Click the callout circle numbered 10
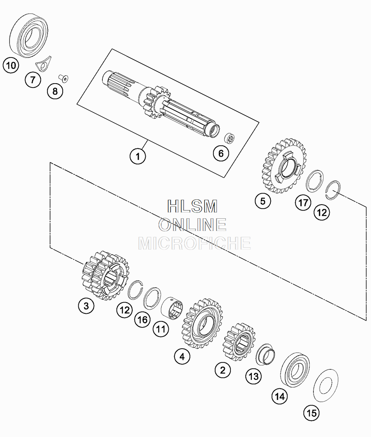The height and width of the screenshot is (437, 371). [x=11, y=66]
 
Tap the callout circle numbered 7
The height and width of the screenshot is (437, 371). [x=33, y=80]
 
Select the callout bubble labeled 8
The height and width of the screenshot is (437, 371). [x=55, y=91]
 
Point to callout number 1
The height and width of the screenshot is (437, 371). [x=138, y=156]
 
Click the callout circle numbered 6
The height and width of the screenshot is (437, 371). [x=221, y=153]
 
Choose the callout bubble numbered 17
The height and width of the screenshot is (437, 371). [x=303, y=203]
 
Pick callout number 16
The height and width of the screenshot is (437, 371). [x=143, y=320]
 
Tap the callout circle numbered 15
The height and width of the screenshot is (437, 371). [x=311, y=412]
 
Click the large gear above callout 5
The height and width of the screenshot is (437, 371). [x=284, y=166]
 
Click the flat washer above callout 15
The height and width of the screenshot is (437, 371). [x=325, y=387]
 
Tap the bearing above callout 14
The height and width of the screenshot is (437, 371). [x=296, y=368]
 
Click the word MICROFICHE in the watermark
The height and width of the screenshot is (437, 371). [x=194, y=243]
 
